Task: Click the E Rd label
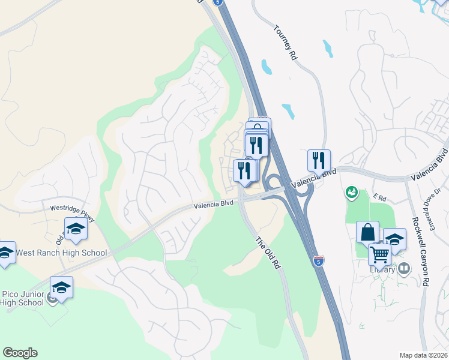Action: (x=378, y=196)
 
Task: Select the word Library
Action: (x=382, y=269)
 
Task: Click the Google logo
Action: (x=20, y=353)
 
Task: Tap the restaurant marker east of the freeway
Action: (x=319, y=160)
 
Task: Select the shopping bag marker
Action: (x=367, y=232)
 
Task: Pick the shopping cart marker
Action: (x=379, y=254)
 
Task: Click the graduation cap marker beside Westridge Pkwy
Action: (x=76, y=228)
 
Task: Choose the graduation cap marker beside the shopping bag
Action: (x=394, y=239)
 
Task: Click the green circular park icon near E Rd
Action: (x=351, y=193)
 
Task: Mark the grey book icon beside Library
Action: (x=403, y=269)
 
